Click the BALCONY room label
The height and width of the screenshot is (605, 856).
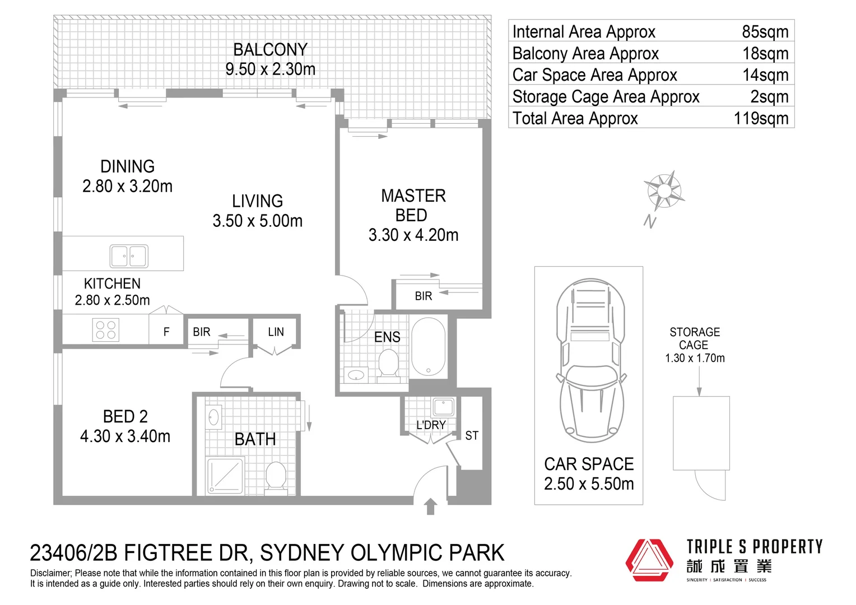[270, 50]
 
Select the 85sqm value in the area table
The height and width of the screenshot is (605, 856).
[765, 32]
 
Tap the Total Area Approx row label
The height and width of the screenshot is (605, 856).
[575, 118]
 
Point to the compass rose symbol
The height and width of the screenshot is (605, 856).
[664, 190]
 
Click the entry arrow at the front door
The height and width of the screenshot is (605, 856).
[431, 506]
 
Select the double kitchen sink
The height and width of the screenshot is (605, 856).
[129, 255]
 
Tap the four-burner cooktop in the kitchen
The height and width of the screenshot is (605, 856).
[105, 330]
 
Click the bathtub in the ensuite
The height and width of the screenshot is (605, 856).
[429, 347]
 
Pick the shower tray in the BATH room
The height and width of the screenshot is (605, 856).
[225, 476]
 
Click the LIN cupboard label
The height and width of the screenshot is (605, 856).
[276, 332]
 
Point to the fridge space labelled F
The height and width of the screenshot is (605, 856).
[166, 332]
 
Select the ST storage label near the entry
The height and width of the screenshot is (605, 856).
[472, 435]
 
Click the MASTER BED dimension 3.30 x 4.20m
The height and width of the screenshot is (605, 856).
[413, 235]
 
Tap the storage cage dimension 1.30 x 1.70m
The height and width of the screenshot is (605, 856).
[695, 358]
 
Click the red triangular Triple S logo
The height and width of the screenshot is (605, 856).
[649, 560]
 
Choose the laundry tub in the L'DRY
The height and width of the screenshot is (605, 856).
[443, 407]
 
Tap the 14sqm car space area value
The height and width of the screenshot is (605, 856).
[765, 75]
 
